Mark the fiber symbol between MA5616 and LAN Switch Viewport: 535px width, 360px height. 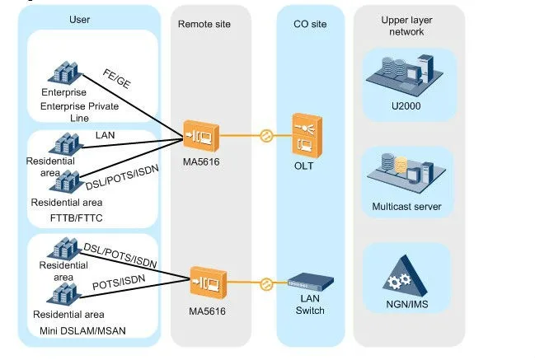click(x=265, y=284)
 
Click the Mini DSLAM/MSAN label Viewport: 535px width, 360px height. click(x=76, y=331)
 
